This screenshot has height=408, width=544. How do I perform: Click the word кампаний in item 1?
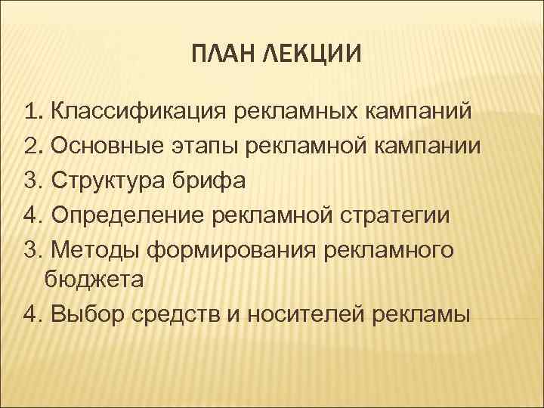tap(420, 113)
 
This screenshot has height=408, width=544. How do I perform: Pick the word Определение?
tap(125, 215)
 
